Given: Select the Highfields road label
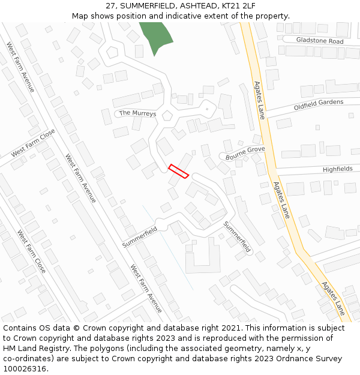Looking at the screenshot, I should point(338,169).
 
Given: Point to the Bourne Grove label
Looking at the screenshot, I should point(245,152).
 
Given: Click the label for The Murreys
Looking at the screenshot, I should point(137,113).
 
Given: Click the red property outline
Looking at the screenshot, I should point(179,171).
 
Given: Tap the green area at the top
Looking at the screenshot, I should point(156,36).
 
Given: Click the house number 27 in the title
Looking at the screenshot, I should point(110,5).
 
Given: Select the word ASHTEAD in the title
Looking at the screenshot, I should point(197,5).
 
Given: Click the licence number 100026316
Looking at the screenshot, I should point(25,369).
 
